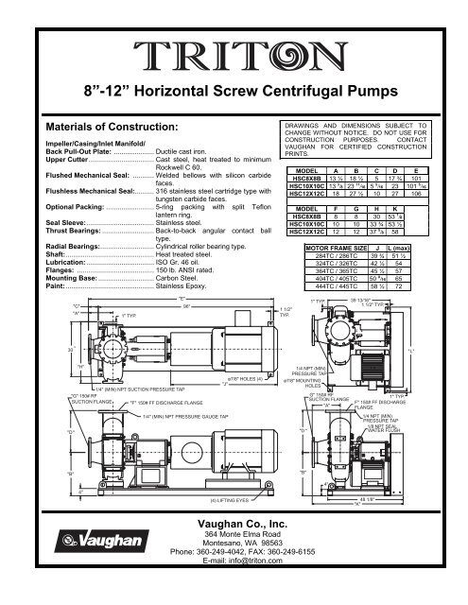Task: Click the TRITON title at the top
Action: [x=234, y=53]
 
